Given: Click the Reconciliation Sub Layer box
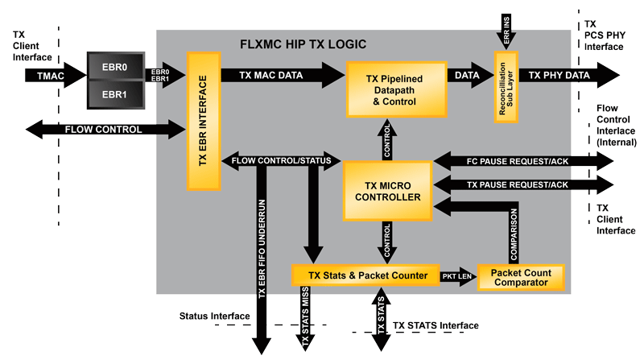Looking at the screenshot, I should click(505, 87).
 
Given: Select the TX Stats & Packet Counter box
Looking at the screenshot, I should click(364, 275).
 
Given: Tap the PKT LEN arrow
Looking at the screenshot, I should click(457, 275).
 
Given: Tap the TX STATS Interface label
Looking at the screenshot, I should click(436, 325).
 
